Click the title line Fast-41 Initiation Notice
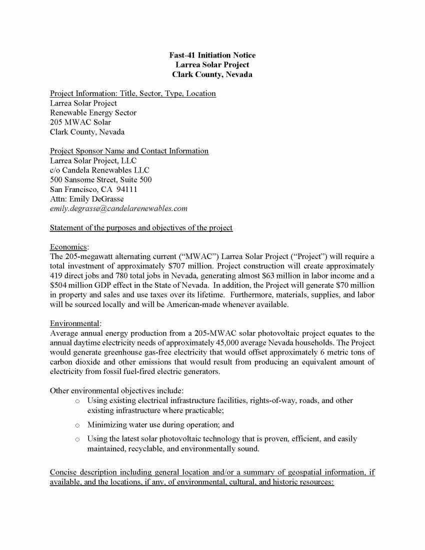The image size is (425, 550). pyautogui.click(x=212, y=55)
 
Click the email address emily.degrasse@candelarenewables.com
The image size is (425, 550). pyautogui.click(x=118, y=208)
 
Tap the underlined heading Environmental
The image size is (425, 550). pyautogui.click(x=75, y=324)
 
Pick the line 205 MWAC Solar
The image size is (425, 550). pyautogui.click(x=80, y=122)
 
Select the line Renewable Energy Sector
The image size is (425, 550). pyautogui.click(x=93, y=113)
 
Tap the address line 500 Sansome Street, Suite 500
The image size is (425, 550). pyautogui.click(x=101, y=180)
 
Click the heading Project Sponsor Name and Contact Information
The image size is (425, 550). pyautogui.click(x=129, y=151)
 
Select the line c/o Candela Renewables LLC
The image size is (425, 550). pyautogui.click(x=99, y=170)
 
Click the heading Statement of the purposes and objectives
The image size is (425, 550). pyautogui.click(x=141, y=228)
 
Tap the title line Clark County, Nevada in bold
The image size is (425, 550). pyautogui.click(x=212, y=75)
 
